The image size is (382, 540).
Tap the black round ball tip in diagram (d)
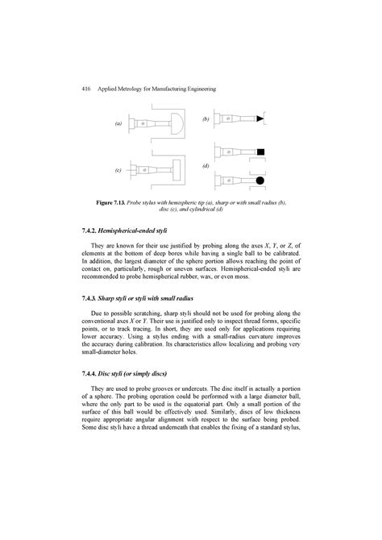263,181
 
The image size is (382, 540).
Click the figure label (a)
118,124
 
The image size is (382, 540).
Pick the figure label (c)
118,172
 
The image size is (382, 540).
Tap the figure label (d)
207,165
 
